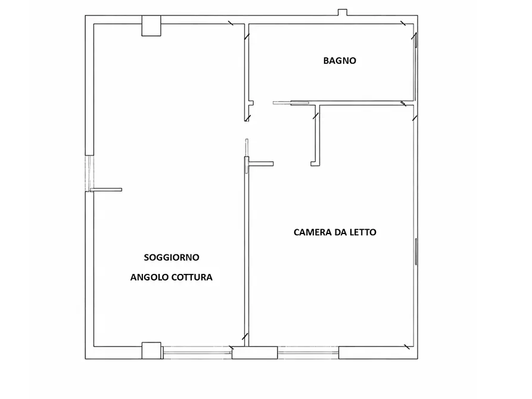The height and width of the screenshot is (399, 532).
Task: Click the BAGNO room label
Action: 340,60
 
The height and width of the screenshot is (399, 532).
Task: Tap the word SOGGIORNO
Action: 172,257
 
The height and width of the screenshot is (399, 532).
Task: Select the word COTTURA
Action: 191,278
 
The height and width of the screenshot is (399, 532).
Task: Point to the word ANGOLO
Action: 148,278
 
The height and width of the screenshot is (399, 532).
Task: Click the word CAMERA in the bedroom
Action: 312,232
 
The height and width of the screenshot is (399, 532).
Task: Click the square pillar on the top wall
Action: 151,26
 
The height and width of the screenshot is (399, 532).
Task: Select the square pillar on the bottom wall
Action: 151,350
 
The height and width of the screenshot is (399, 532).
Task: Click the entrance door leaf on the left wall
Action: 107,190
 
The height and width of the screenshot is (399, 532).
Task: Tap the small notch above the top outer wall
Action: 343,12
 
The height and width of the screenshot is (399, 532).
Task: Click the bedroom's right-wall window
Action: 415,251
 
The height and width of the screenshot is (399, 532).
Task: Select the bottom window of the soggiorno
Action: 197,353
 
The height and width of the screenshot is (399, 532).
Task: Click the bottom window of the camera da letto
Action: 308,353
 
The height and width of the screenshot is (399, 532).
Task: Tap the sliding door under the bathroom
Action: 291,103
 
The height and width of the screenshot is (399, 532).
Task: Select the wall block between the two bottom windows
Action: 254,353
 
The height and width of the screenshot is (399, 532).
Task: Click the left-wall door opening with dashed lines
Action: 89,173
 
